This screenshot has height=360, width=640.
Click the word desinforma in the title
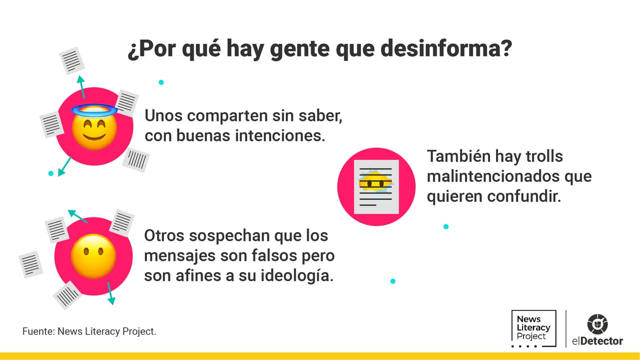pyautogui.click(x=446, y=49)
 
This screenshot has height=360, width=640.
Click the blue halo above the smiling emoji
pyautogui.click(x=94, y=110)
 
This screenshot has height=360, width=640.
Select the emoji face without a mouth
pyautogui.click(x=93, y=256)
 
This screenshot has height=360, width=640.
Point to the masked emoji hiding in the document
pyautogui.click(x=375, y=183)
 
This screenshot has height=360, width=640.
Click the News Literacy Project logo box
pyautogui.click(x=533, y=328)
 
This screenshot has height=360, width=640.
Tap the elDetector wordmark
pyautogui.click(x=597, y=341)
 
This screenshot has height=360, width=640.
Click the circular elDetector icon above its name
pyautogui.click(x=597, y=324)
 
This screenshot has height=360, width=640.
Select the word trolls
pyautogui.click(x=544, y=156)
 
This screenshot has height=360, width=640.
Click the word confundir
pyautogui.click(x=524, y=196)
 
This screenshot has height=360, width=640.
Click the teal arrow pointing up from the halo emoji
pyautogui.click(x=81, y=87)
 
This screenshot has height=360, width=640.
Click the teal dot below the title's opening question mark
pyautogui.click(x=161, y=82)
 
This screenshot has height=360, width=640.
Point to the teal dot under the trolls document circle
pyautogui.click(x=446, y=226)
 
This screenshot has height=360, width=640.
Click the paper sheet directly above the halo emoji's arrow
pyautogui.click(x=72, y=61)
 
